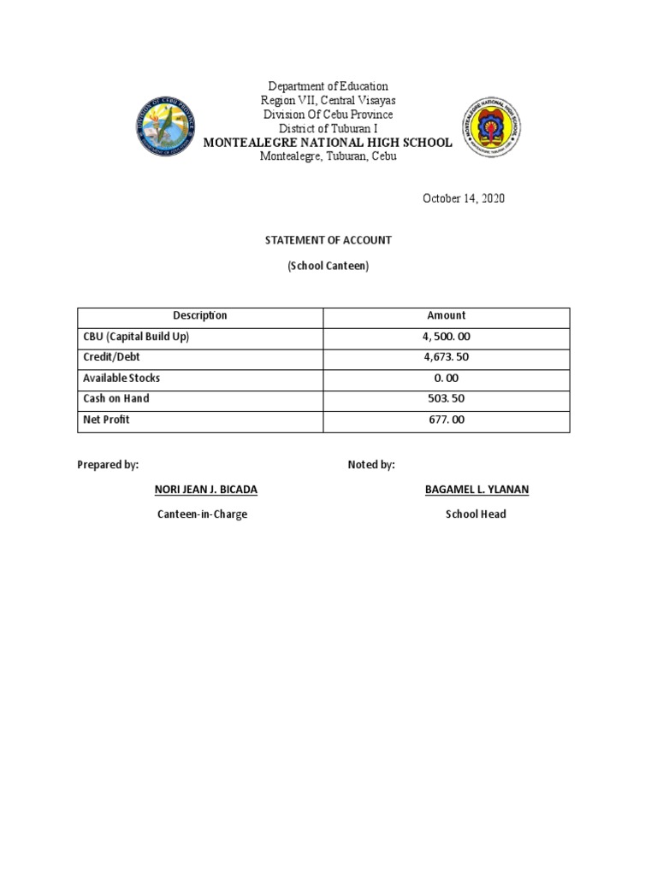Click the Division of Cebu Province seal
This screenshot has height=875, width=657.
169,126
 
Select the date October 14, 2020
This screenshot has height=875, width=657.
464,198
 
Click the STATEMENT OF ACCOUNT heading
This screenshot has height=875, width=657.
328,241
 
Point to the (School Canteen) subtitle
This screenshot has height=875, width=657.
328,266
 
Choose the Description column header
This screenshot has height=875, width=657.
200,315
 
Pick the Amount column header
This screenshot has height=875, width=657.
447,315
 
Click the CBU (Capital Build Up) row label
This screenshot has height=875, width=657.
136,337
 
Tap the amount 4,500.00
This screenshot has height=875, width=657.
447,337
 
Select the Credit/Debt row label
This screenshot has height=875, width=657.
112,357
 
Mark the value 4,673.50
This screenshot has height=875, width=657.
447,357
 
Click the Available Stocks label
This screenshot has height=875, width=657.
121,378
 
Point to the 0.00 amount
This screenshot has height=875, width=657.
447,379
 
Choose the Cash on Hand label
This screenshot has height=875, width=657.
116,398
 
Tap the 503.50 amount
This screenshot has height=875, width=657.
447,399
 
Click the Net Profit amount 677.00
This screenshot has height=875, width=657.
447,420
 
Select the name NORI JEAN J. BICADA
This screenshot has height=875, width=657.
205,490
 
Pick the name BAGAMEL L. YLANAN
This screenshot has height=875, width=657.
476,490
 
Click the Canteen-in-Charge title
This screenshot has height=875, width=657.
202,514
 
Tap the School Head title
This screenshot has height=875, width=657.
476,514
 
